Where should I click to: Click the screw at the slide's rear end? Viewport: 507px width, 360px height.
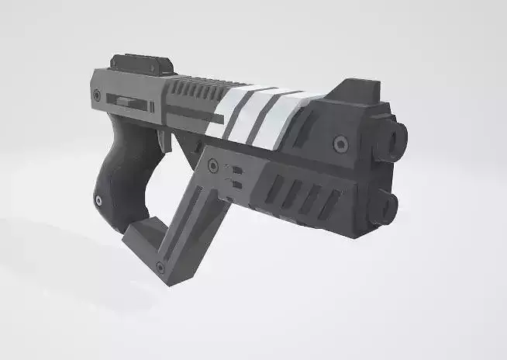[x=98, y=95]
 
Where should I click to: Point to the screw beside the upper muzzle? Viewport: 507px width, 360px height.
[x=340, y=144]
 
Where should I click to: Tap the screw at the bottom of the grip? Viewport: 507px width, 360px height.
[x=98, y=202]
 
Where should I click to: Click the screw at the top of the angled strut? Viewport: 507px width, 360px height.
[x=212, y=165]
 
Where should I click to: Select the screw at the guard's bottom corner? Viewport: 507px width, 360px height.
[x=160, y=268]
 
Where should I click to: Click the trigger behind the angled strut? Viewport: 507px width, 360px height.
[x=163, y=140]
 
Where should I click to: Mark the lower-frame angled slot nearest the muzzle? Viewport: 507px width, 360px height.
[x=329, y=203]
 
